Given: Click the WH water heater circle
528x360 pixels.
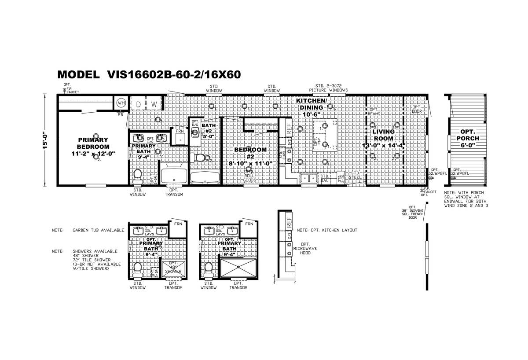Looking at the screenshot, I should [x=120, y=103].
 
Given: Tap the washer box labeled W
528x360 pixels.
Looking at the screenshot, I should [x=154, y=104].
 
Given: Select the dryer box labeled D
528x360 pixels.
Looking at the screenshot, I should [x=138, y=104].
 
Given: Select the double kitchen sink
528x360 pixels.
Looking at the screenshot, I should [x=309, y=177].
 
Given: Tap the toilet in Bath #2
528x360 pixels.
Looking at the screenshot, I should [x=201, y=158].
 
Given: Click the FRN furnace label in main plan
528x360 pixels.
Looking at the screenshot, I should [x=180, y=131].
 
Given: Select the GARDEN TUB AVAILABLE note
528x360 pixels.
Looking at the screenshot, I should [x=99, y=230].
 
